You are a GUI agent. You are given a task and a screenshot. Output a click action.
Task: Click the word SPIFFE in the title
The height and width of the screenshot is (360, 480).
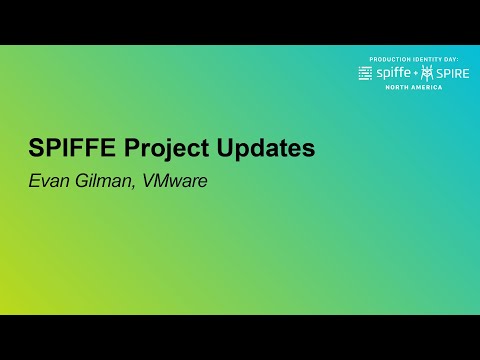click(x=73, y=149)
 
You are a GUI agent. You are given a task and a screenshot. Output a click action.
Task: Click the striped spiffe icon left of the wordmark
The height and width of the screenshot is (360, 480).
click(x=365, y=73)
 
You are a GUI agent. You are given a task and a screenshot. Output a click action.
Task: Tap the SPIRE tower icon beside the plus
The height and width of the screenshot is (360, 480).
click(x=428, y=73)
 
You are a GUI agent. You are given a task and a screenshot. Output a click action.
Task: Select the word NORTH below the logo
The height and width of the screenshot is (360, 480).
click(x=398, y=88)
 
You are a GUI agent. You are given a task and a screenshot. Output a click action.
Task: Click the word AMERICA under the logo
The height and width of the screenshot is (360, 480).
click(x=426, y=88)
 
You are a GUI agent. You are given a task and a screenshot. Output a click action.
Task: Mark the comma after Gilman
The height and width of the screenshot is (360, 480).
click(x=130, y=187)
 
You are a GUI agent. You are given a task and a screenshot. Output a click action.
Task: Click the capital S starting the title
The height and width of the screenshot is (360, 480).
click(x=35, y=149)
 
